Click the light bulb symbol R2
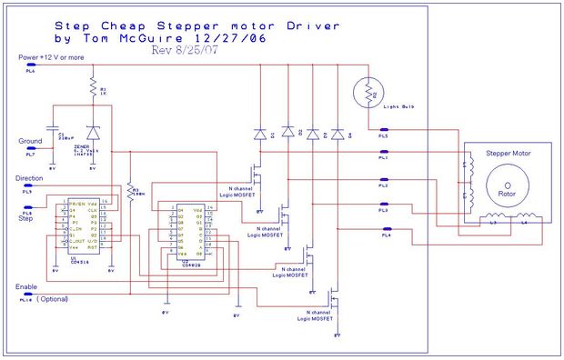click(370, 94)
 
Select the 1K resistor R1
click(91, 87)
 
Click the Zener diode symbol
click(92, 133)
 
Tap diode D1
click(260, 134)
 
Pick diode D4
click(337, 134)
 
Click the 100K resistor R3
click(131, 192)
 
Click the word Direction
click(31, 178)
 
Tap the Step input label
click(25, 218)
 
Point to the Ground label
click(31, 141)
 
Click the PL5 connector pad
click(384, 131)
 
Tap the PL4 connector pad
click(384, 235)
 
